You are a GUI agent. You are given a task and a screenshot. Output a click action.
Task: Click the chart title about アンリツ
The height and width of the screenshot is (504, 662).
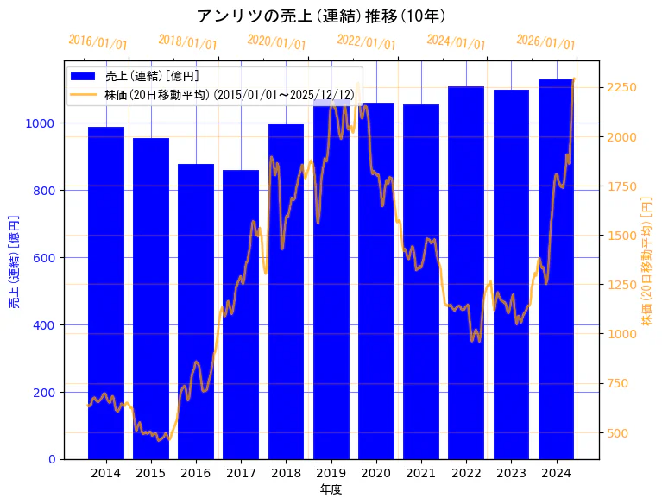321,16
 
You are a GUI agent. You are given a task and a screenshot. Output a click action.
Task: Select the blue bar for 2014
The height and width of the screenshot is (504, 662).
106,293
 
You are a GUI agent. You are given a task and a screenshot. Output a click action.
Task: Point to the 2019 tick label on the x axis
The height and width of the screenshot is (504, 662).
331,473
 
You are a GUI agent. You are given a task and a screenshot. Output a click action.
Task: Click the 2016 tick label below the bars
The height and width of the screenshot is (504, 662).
196,473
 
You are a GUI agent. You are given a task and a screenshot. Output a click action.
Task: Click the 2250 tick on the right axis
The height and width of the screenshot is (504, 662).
622,88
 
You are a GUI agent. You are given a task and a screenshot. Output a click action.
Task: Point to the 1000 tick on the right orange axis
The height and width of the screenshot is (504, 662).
622,334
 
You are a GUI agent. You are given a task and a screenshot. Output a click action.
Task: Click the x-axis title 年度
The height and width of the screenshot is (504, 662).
331,489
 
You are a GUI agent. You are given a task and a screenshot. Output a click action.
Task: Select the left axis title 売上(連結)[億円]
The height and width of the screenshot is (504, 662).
14,261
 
